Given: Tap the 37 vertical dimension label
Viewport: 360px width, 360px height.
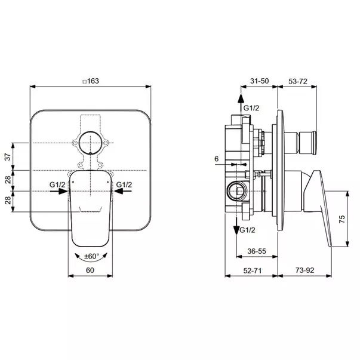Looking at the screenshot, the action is click(8, 157).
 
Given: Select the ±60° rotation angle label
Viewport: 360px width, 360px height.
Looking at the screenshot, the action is click(91, 256).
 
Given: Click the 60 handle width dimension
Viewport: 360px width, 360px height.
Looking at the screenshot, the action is click(90, 270).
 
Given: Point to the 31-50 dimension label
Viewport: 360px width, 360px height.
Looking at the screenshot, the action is click(259, 81).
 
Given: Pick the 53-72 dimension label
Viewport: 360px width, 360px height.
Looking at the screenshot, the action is click(298, 81).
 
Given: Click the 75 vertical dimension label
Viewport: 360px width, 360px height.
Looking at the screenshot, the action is click(342, 219).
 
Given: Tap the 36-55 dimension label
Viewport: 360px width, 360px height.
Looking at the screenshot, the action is click(257, 251).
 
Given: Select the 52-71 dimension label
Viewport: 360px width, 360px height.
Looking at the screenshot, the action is click(253, 270).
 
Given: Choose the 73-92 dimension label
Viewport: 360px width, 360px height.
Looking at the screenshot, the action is click(304, 270).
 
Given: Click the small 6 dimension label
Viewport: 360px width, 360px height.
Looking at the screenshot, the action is click(217, 159).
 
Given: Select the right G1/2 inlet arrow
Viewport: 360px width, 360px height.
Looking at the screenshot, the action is click(123, 191).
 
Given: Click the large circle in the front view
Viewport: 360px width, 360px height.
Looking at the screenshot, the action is click(91, 143).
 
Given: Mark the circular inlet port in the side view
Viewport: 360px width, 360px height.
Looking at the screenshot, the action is click(238, 191).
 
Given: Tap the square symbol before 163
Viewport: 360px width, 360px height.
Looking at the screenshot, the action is click(85, 82).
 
